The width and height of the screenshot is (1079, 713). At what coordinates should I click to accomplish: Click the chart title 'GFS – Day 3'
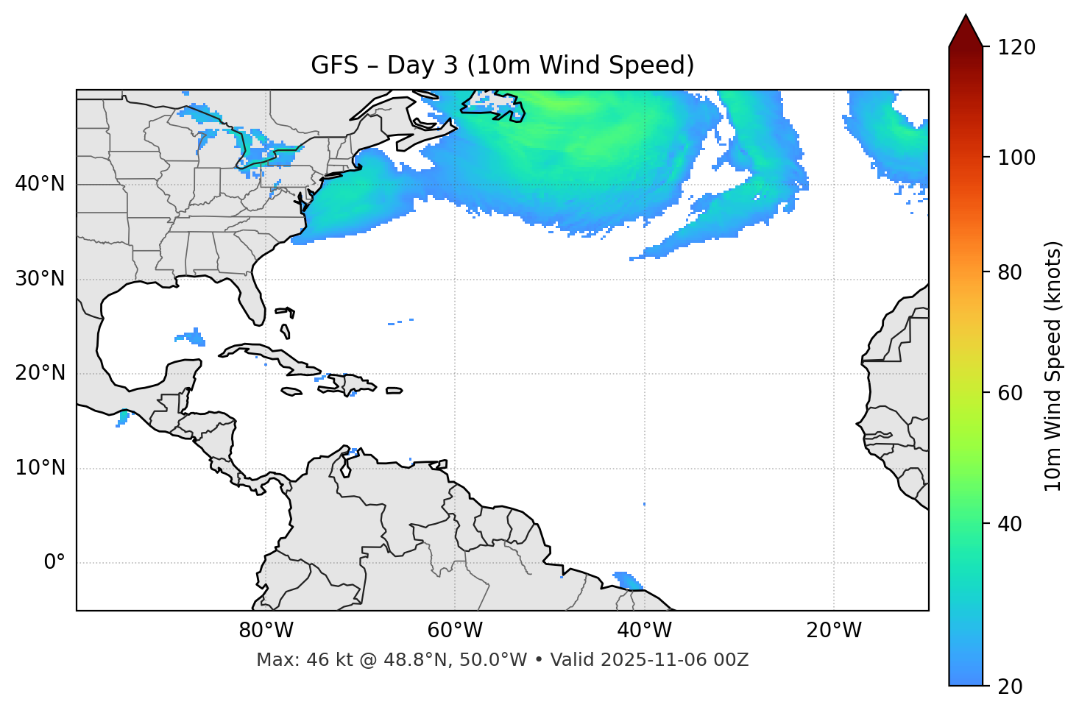pos(502,65)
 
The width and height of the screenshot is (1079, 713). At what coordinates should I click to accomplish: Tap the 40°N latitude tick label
pos(40,184)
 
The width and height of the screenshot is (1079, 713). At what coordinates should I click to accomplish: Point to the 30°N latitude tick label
pos(40,279)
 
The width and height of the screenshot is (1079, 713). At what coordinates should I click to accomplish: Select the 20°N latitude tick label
pos(40,373)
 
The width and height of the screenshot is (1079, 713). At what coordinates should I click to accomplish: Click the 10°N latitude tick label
pos(40,468)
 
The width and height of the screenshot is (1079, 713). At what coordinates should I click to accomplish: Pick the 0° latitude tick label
pos(54,563)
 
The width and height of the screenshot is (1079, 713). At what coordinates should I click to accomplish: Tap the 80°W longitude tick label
pos(266,631)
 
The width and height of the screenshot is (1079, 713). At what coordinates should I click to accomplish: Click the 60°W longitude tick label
pos(455,631)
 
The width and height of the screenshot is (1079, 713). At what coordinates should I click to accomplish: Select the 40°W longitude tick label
pos(644,631)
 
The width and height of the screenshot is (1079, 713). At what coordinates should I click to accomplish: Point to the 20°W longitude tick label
pos(833,631)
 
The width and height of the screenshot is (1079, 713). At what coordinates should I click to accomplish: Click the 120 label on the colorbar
pos(1016,48)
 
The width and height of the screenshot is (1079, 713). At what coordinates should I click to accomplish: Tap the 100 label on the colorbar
pos(1016,157)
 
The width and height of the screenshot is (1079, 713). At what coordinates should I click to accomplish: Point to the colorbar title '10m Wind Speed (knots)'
pos(1053,366)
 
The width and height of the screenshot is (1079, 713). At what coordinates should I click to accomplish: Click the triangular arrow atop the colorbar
pos(966,31)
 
